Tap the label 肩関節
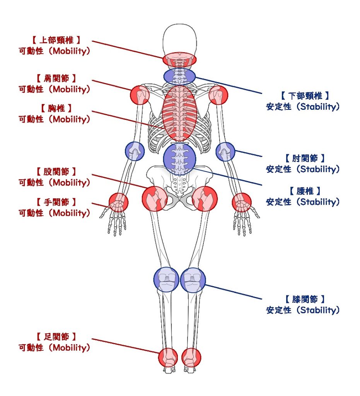click(x=56, y=79)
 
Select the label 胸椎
click(x=56, y=108)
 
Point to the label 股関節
click(x=56, y=171)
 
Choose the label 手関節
click(x=56, y=202)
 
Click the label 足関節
click(x=56, y=336)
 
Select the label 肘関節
click(x=305, y=158)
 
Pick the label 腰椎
click(x=305, y=191)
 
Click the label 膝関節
click(x=305, y=299)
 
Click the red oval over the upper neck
click(x=179, y=60)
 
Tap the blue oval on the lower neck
click(x=179, y=76)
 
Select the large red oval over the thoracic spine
click(x=179, y=113)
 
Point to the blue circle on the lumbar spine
click(x=179, y=159)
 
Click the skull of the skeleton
click(x=179, y=39)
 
